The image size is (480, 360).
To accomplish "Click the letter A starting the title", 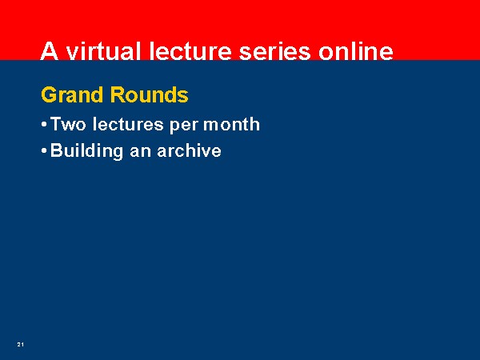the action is pos(50,51).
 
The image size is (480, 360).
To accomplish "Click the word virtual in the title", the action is pos(104,50).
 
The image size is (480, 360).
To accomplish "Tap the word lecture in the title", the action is pos(190,51).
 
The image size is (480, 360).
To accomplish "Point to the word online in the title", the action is pos(356,51).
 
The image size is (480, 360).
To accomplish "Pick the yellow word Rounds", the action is pos(150,95).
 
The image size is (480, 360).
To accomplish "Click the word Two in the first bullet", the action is pos(68,124).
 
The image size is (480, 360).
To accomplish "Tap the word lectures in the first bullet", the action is pos(128,124).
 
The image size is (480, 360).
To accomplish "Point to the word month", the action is pos(231,124).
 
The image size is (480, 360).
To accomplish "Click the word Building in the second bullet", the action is pos(86,151).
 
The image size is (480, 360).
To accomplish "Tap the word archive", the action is pos(189,150).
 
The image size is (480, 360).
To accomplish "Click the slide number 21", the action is pos(21,344).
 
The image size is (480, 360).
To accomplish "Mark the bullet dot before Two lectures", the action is pos(44,125).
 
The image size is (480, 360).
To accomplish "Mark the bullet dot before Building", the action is pos(44,151).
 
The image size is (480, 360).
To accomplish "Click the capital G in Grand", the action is pos(49,94).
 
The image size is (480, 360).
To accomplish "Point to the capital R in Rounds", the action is pos(118,94).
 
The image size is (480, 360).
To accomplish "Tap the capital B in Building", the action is pos(57,150).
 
